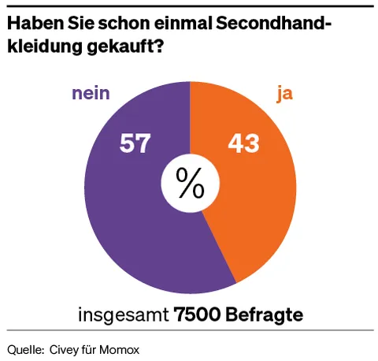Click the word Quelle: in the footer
[25, 348]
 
